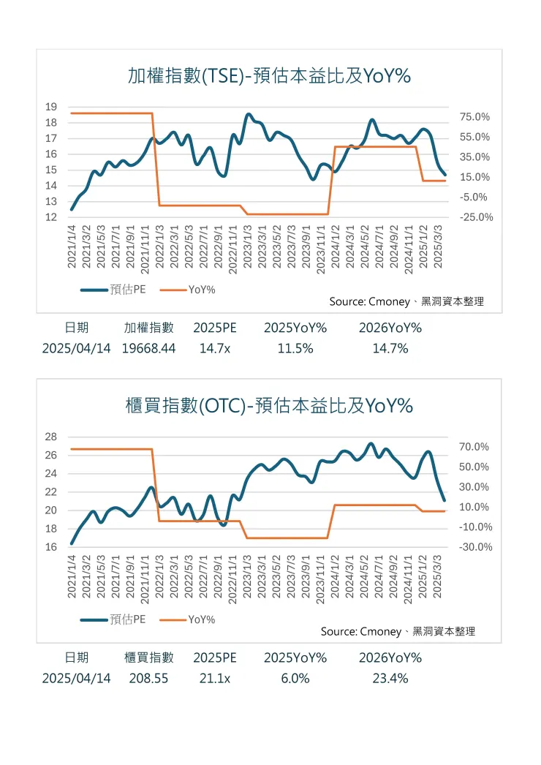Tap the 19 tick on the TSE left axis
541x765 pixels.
pyautogui.click(x=51, y=107)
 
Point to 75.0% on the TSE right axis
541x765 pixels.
pyautogui.click(x=474, y=117)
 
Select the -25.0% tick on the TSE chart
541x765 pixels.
pyautogui.click(x=476, y=217)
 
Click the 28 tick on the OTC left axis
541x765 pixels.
pyautogui.click(x=51, y=437)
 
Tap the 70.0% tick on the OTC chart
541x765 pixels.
pyautogui.click(x=474, y=447)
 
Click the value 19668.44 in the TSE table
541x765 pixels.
pyautogui.click(x=148, y=349)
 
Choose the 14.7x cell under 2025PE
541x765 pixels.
pyautogui.click(x=215, y=349)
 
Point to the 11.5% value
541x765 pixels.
pyautogui.click(x=295, y=349)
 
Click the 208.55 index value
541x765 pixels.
pyautogui.click(x=148, y=679)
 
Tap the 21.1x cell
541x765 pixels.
pyautogui.click(x=215, y=679)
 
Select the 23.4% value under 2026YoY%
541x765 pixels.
pyautogui.click(x=390, y=679)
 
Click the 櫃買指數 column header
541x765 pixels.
pyautogui.click(x=149, y=657)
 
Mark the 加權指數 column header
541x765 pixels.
pyautogui.click(x=149, y=328)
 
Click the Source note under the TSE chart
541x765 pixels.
pyautogui.click(x=406, y=301)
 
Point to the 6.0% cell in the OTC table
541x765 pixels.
pyautogui.click(x=295, y=679)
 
